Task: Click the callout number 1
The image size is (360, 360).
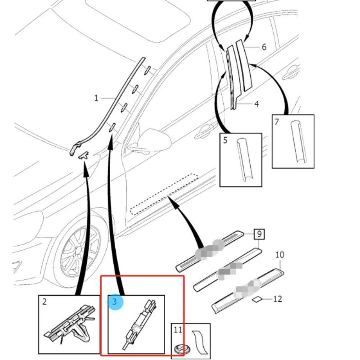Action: [96, 98]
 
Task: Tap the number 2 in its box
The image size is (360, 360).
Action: [45, 302]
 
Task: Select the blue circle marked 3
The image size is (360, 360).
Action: [115, 301]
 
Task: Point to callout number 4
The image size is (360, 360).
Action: [256, 104]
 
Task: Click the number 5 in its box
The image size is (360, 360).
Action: [225, 140]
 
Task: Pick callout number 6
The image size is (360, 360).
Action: [264, 47]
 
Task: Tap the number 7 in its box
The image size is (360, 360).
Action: [277, 121]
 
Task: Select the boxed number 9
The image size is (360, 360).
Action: [259, 234]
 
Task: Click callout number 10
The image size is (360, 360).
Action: [279, 255]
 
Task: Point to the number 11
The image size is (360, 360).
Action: [178, 330]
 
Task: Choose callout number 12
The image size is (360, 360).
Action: [278, 298]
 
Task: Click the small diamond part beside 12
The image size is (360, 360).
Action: [257, 298]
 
